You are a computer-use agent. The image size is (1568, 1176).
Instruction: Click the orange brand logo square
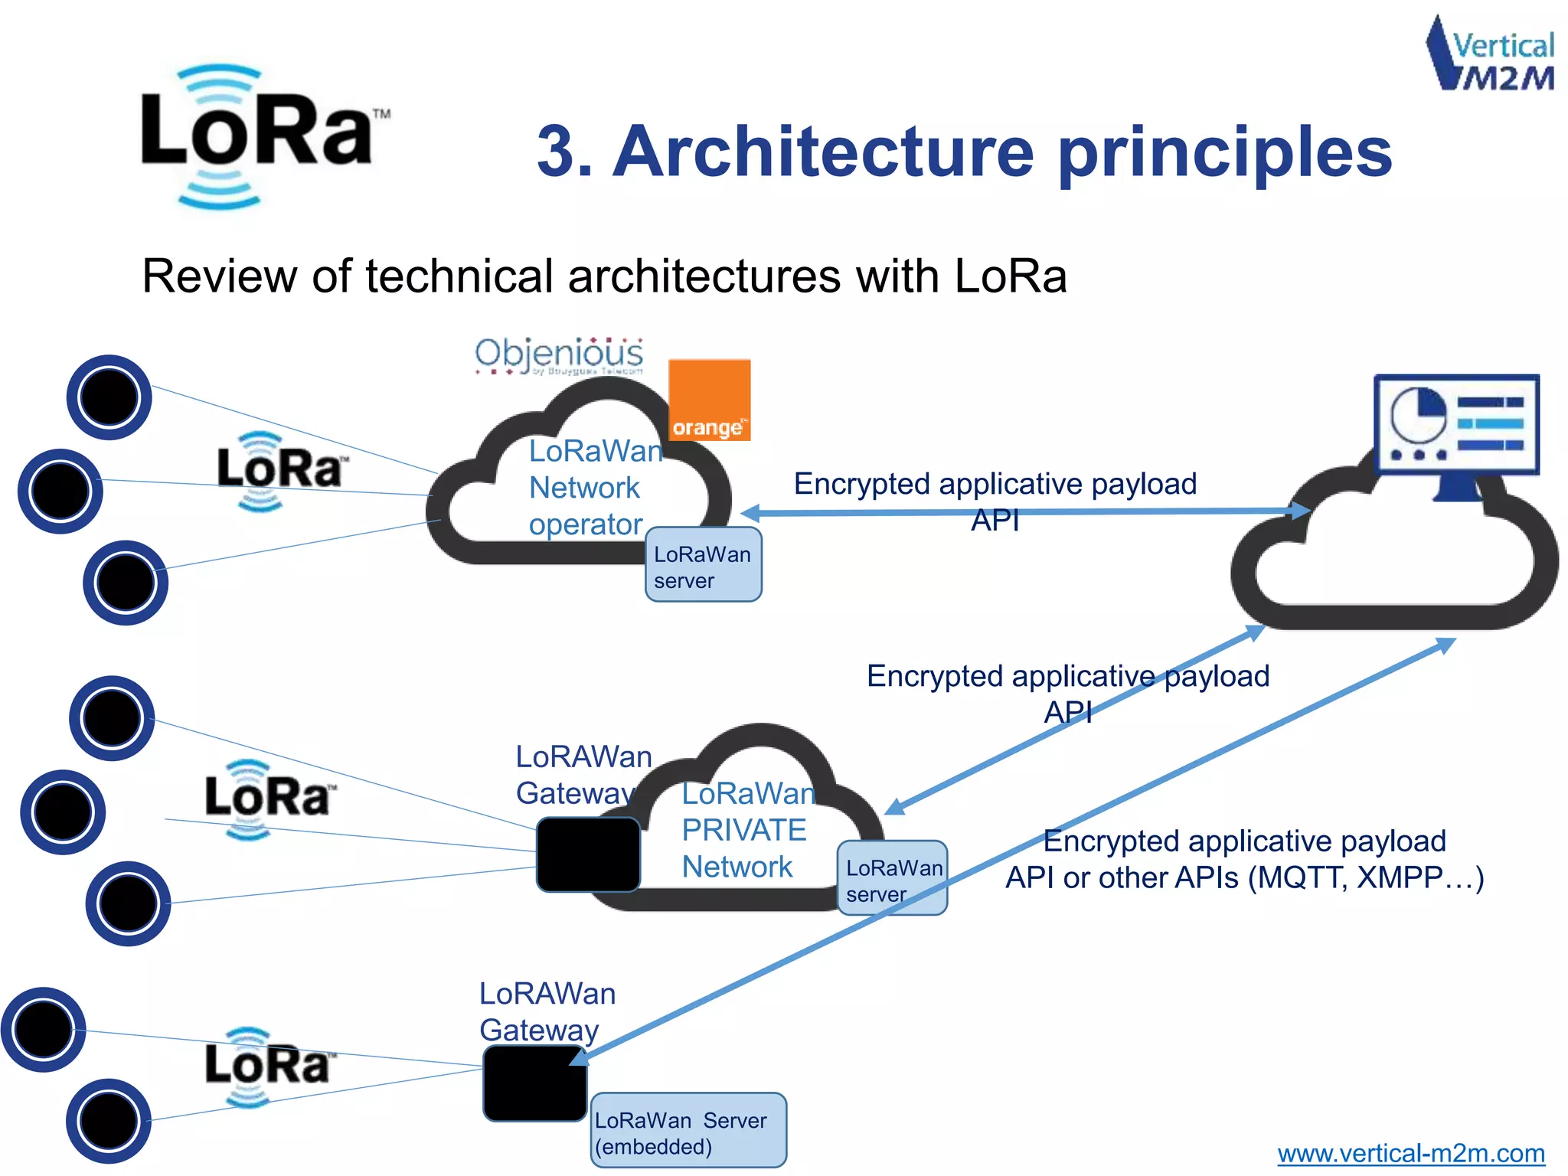point(709,400)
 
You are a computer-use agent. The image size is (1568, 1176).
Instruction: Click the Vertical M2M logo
point(1490,54)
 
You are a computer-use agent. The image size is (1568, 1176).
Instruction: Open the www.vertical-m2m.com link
point(1410,1153)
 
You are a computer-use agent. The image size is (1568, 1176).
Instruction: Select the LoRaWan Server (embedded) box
point(688,1130)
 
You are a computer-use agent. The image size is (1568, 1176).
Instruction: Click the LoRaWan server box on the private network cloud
point(892,878)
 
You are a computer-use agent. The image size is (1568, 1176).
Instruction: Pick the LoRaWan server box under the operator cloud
point(703,564)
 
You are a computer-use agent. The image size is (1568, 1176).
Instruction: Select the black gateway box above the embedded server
point(534,1083)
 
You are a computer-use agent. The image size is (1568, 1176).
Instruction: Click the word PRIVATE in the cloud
point(743,830)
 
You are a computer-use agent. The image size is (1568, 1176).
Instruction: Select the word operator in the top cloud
point(585,524)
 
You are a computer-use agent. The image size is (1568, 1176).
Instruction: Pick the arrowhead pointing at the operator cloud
point(750,513)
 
